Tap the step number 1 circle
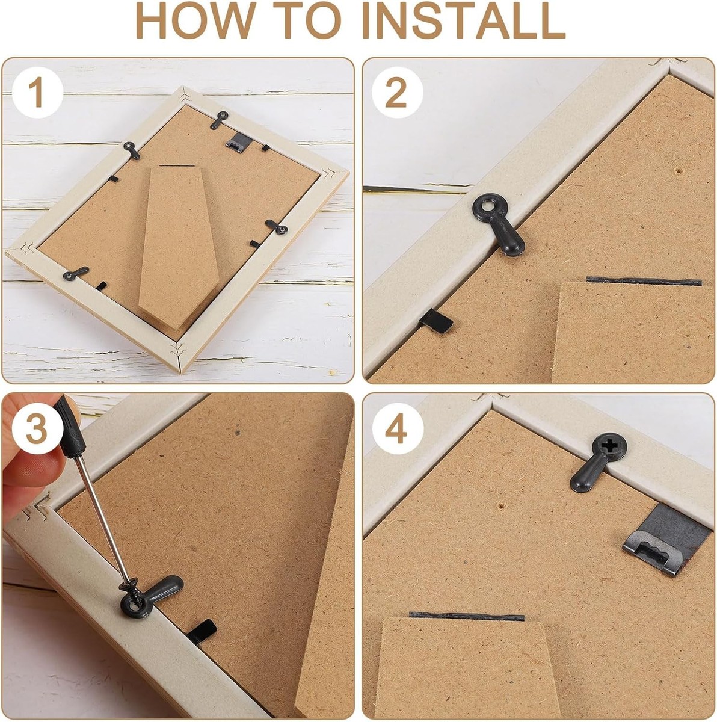[37, 93]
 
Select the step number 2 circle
[397, 93]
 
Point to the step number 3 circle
[37, 429]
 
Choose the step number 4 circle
[397, 429]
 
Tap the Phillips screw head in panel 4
[609, 447]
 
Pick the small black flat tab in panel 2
[436, 321]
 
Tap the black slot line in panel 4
[466, 616]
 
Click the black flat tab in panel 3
[202, 632]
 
